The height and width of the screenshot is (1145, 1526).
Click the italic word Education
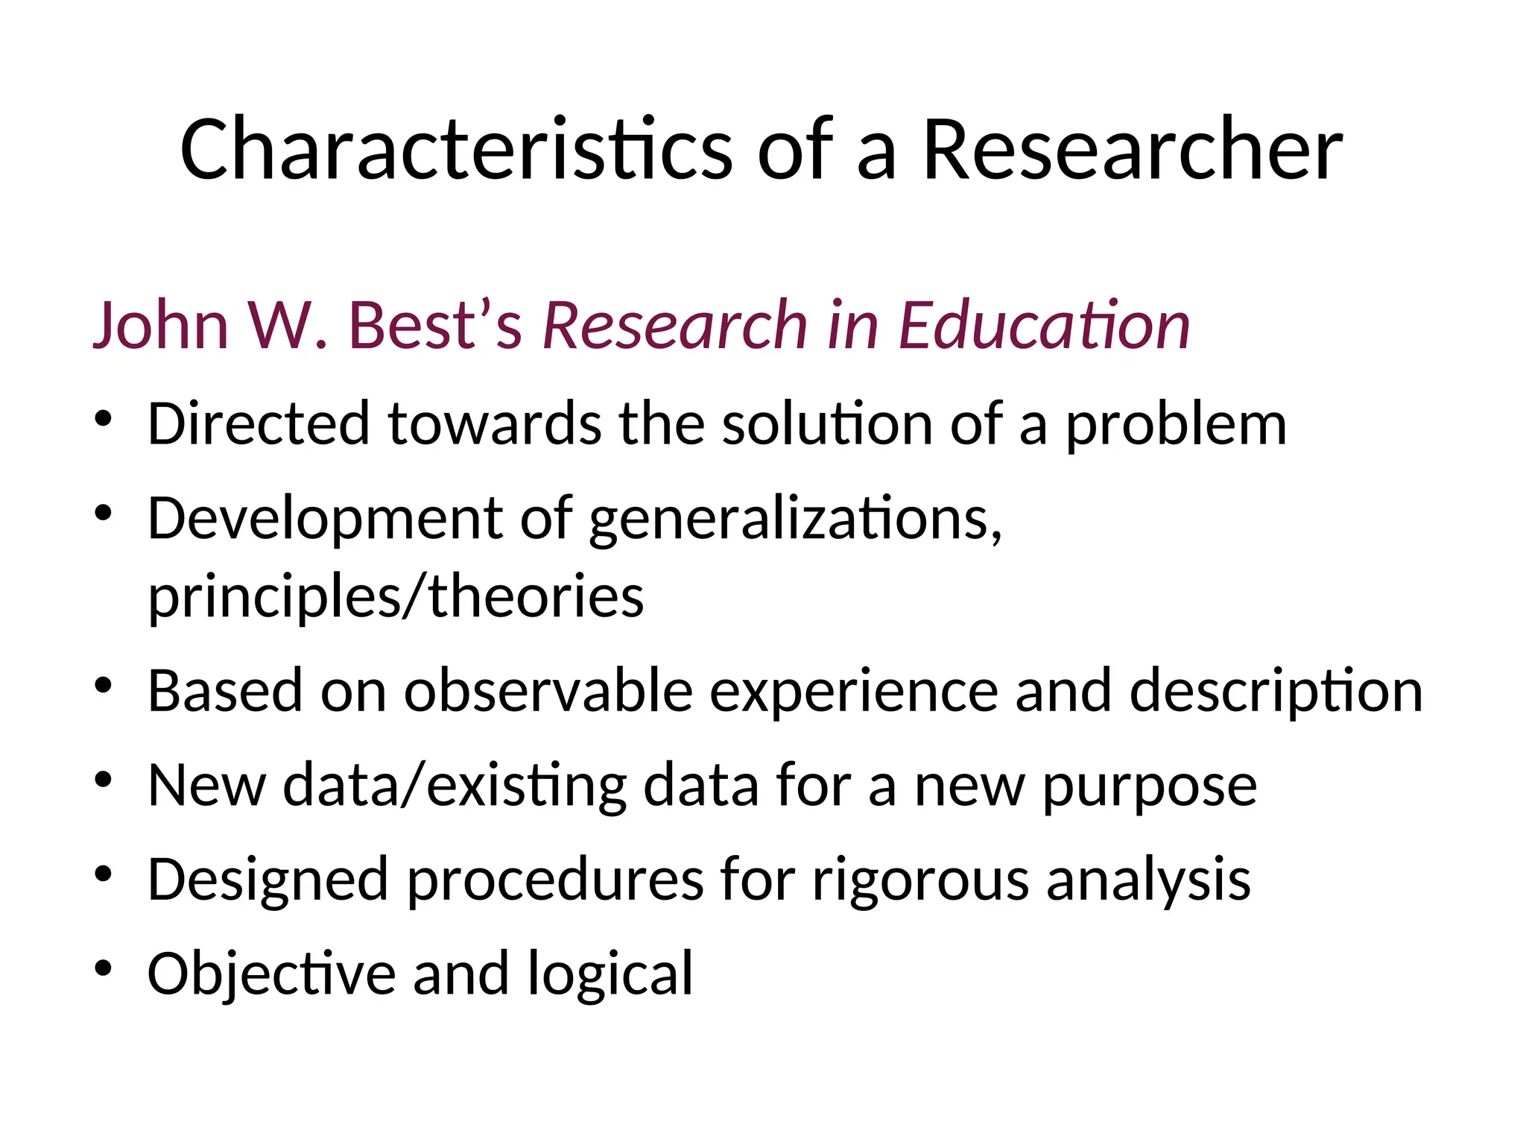(1044, 325)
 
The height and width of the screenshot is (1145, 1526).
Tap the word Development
(325, 520)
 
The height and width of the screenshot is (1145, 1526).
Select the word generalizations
(794, 520)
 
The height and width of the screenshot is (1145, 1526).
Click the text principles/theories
(396, 598)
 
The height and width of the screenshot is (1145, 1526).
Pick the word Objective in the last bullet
(271, 974)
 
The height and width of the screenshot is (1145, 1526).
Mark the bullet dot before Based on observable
(103, 685)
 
